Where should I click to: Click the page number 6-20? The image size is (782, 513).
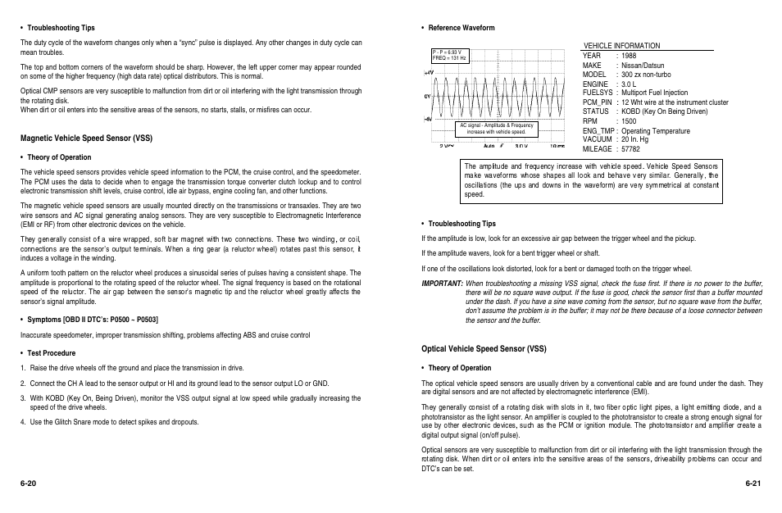[x=29, y=483]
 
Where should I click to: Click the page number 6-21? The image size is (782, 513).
[x=753, y=483]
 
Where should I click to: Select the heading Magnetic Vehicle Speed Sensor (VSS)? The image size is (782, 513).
[x=86, y=138]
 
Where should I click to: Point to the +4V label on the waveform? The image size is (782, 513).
[x=428, y=73]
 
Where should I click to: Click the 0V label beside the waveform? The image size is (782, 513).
[x=428, y=96]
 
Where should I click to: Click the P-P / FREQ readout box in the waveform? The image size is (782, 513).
[x=449, y=56]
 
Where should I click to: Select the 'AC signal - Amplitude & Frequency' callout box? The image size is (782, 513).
[x=496, y=129]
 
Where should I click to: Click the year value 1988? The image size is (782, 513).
[x=629, y=56]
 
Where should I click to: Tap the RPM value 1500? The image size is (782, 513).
[x=629, y=121]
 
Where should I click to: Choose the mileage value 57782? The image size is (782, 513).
[x=630, y=149]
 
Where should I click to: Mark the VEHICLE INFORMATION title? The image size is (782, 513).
[x=621, y=46]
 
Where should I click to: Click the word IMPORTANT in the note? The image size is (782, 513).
[x=442, y=283]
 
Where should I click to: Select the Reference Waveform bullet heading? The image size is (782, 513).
[x=461, y=28]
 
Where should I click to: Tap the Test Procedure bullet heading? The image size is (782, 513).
[x=51, y=353]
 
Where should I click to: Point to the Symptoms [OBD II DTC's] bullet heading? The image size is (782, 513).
[x=93, y=319]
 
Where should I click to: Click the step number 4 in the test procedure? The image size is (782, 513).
[x=23, y=422]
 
